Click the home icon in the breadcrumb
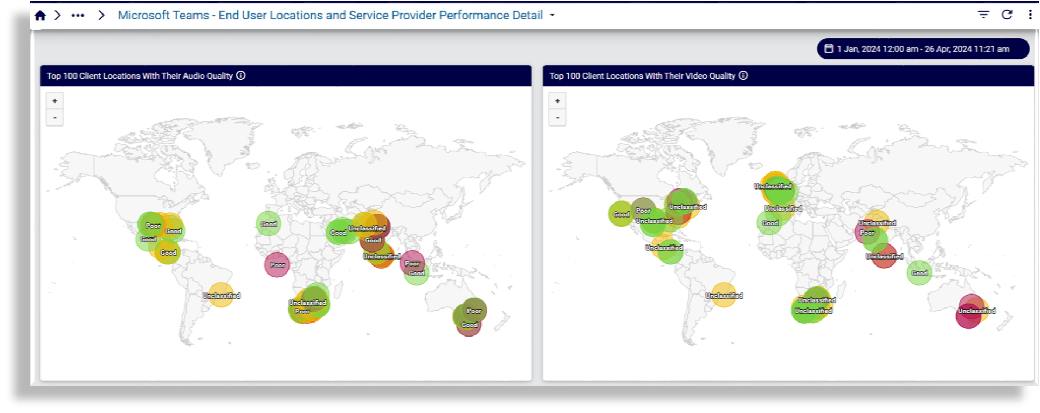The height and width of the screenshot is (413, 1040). [40, 16]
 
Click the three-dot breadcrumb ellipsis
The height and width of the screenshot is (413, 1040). [78, 16]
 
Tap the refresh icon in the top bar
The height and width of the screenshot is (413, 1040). [1007, 15]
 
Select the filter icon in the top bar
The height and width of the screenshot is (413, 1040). [983, 15]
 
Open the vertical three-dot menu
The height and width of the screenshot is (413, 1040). [1030, 15]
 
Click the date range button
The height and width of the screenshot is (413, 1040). [922, 49]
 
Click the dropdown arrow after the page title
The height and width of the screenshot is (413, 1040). [552, 16]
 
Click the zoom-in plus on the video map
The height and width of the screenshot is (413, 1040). [557, 101]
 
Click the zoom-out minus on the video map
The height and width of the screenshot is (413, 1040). [557, 118]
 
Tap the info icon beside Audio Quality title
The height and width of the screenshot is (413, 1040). [241, 75]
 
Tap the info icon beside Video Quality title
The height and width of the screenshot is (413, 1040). [743, 75]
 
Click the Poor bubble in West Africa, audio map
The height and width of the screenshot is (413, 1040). [277, 264]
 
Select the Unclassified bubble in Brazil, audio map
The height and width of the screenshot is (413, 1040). [221, 295]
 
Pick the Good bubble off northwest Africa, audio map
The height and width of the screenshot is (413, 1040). [268, 224]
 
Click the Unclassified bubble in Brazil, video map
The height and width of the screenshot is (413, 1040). [724, 295]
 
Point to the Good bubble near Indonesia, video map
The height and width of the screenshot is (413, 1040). [919, 273]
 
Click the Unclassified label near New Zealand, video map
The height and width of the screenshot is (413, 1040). [976, 311]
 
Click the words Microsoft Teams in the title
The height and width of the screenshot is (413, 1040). [163, 16]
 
